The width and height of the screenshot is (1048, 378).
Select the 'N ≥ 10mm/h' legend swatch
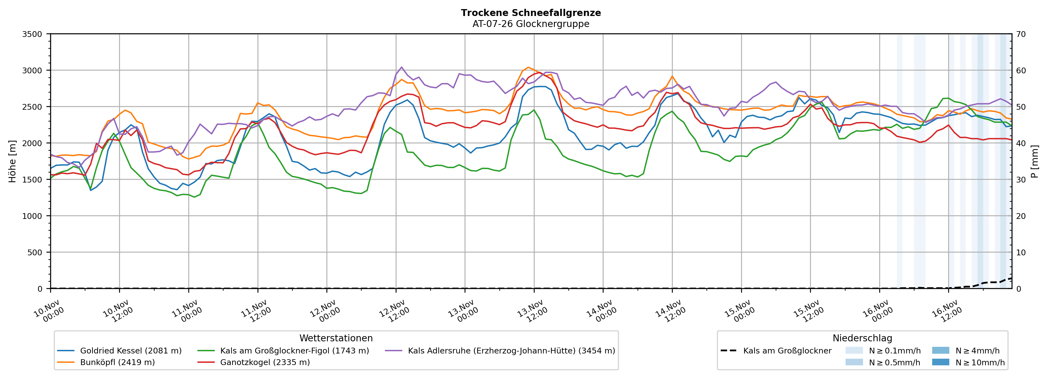click(x=940, y=362)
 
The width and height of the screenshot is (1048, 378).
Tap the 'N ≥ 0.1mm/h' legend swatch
click(x=854, y=351)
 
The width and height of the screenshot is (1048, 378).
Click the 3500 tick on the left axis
click(x=32, y=34)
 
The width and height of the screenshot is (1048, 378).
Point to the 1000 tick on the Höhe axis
click(x=32, y=216)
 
